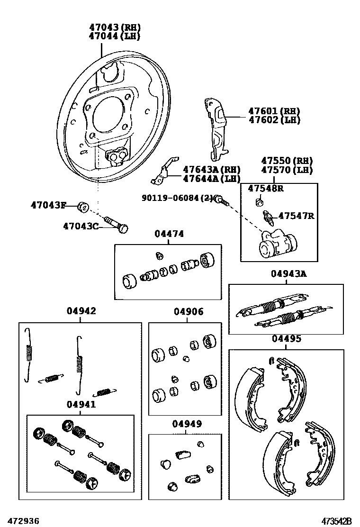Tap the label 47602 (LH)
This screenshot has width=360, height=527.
point(274,120)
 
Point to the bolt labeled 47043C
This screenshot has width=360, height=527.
point(118,224)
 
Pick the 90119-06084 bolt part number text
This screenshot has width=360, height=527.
point(176,198)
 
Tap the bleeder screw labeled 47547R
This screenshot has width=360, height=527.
point(269,219)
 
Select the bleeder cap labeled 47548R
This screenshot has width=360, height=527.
point(259,202)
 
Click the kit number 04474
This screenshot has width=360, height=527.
point(168,234)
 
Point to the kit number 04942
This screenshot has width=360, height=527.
point(81,311)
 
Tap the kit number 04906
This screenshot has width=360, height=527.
point(188,312)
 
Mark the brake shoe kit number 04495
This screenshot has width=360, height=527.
point(286,339)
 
